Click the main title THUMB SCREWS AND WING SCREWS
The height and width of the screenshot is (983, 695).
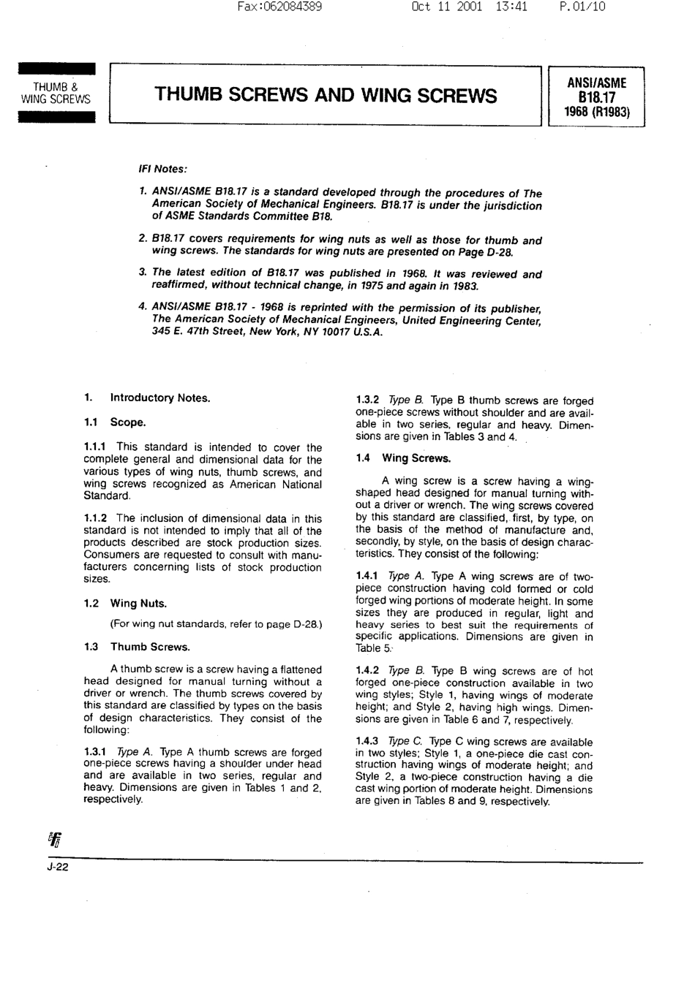coord(326,96)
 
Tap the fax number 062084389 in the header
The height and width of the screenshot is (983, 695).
coord(291,7)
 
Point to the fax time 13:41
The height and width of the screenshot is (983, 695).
coord(511,7)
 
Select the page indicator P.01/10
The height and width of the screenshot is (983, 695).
coord(582,7)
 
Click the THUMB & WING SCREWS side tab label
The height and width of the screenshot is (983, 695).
coord(56,94)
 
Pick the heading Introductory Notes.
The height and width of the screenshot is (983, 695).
coord(159,398)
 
